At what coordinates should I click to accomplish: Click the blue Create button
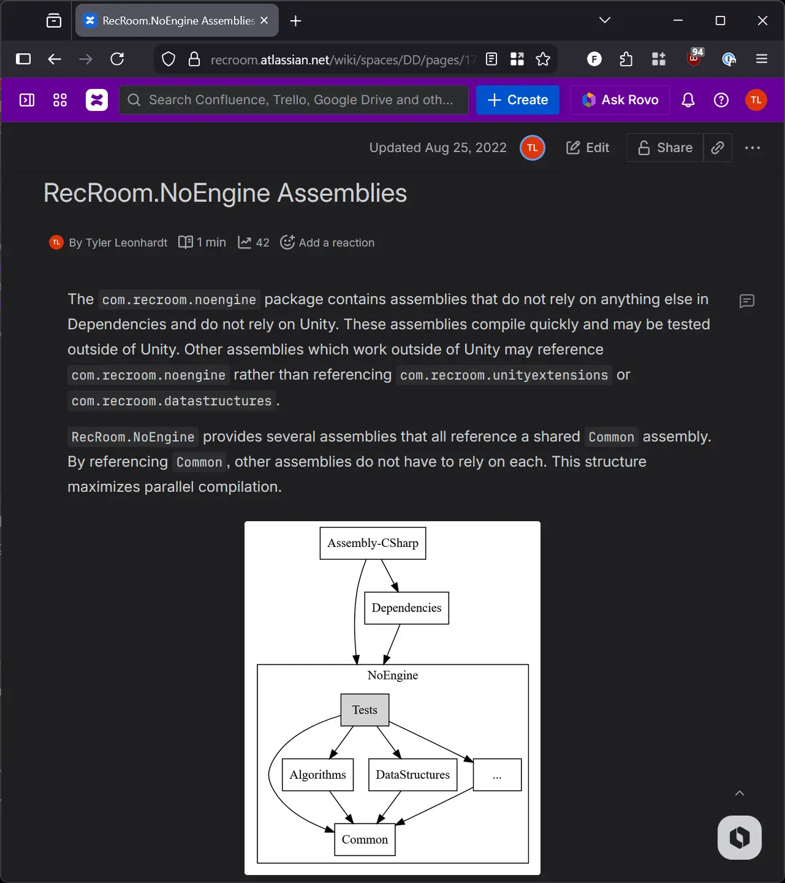coord(518,100)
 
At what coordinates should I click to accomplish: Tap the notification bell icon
coord(688,100)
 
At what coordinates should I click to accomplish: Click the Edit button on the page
coord(588,148)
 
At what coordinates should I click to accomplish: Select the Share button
coord(665,148)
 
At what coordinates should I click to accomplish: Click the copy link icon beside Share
coord(718,148)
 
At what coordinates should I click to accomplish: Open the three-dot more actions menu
coord(752,148)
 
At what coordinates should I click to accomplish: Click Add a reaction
coord(327,243)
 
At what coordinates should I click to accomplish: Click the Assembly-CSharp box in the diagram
coord(373,543)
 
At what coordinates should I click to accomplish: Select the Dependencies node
coord(406,608)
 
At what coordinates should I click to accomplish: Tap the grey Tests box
coord(365,710)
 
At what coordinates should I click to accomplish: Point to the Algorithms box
coord(317,775)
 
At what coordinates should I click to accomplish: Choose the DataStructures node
coord(412,775)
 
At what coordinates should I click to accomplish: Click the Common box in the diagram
coord(365,840)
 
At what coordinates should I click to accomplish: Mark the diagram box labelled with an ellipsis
coord(497,775)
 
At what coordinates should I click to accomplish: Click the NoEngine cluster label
coord(393,676)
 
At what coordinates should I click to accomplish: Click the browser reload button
coord(117,59)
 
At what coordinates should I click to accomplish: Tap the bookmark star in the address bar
coord(543,59)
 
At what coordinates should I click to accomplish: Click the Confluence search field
coord(294,100)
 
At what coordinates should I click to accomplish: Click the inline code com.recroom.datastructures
coord(172,401)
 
